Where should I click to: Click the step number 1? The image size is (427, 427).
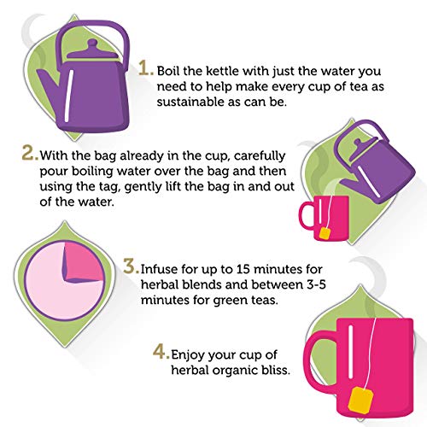146,68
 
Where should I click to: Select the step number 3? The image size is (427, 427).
132,266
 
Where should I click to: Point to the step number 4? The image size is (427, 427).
161,352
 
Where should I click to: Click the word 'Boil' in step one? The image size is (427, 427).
168,71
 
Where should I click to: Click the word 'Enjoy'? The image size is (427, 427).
187,355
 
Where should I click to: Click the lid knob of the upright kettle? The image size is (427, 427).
92,45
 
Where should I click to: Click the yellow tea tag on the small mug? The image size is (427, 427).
325,233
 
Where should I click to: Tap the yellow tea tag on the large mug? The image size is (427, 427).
360,399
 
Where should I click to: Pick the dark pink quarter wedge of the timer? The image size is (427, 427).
83,262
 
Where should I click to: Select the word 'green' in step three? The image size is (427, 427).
230,301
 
